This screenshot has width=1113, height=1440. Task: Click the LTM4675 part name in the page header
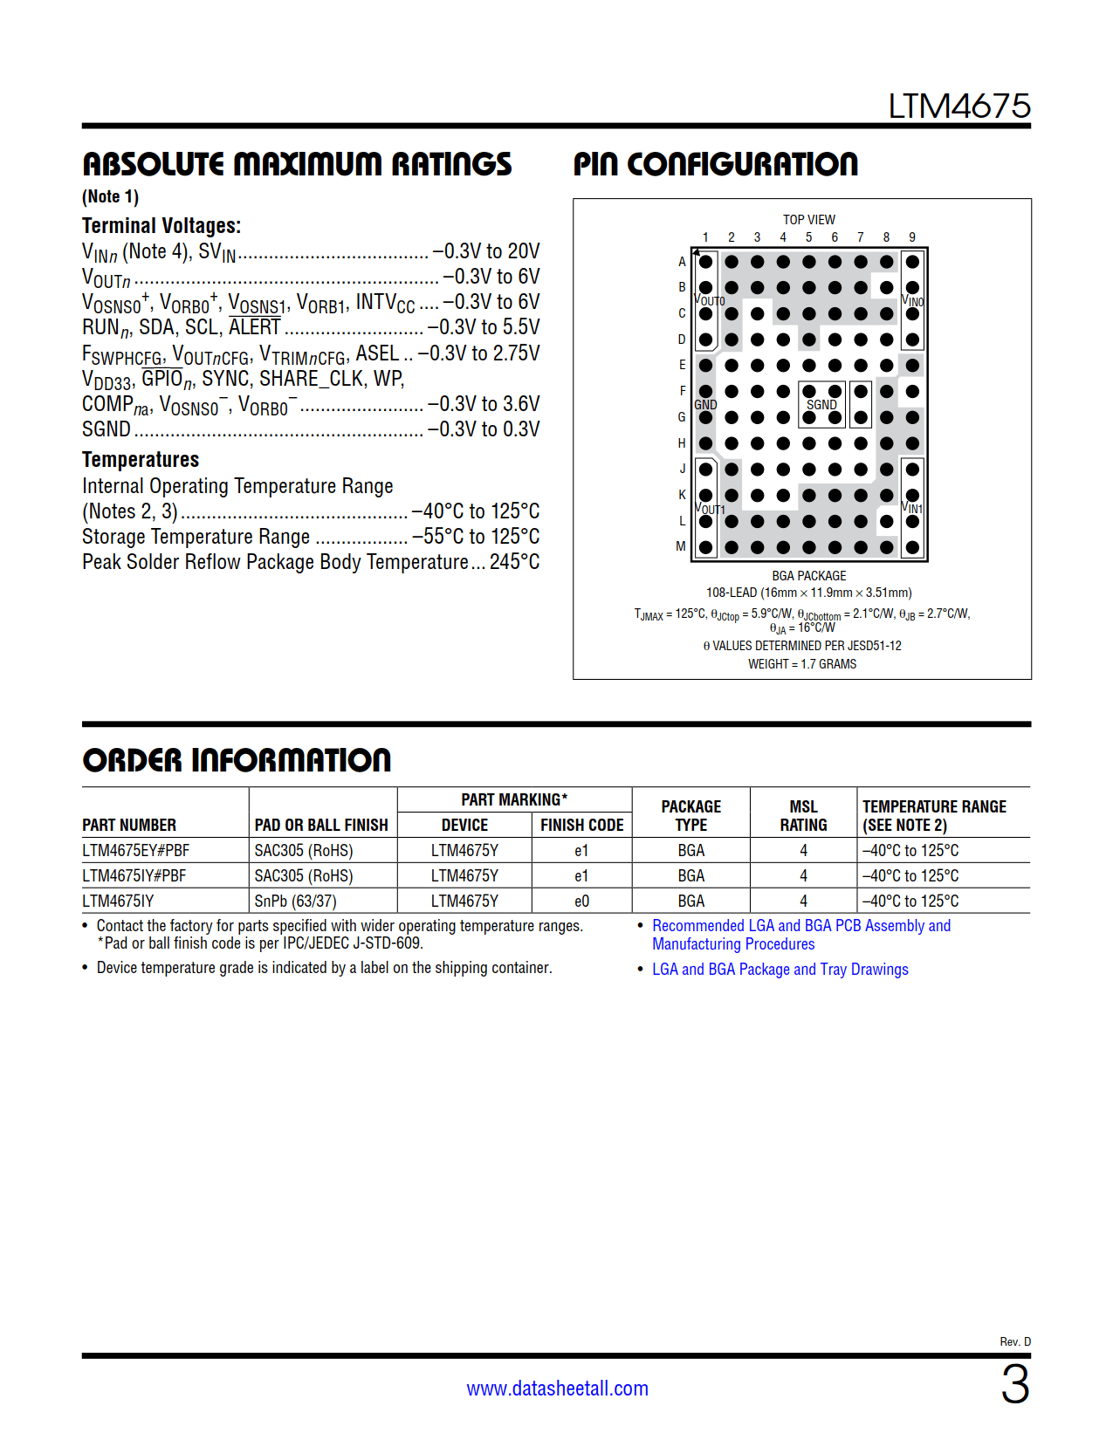(958, 106)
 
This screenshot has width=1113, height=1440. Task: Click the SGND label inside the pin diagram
(821, 405)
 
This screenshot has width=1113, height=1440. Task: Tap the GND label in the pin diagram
(705, 405)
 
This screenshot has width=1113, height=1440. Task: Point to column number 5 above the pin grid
(808, 237)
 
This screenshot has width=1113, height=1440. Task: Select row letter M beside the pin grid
(681, 546)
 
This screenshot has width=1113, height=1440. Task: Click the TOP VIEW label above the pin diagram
(808, 220)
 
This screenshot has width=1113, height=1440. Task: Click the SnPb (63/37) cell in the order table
(295, 901)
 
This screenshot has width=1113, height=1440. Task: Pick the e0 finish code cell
(581, 901)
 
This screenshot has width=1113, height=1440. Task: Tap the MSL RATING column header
(803, 816)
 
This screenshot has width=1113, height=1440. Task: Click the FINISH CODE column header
(581, 825)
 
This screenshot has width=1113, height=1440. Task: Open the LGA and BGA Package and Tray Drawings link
(780, 970)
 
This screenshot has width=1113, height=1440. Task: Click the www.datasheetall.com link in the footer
(557, 1389)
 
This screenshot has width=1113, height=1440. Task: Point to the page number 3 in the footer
(1015, 1385)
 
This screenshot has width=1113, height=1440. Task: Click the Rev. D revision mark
(1015, 1341)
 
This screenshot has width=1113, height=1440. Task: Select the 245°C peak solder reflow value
(514, 562)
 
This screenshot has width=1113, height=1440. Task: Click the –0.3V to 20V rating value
(486, 251)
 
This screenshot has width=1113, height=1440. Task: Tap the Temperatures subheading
(141, 460)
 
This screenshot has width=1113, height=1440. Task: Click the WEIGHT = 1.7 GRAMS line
(802, 664)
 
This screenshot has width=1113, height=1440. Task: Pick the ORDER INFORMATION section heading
(237, 760)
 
